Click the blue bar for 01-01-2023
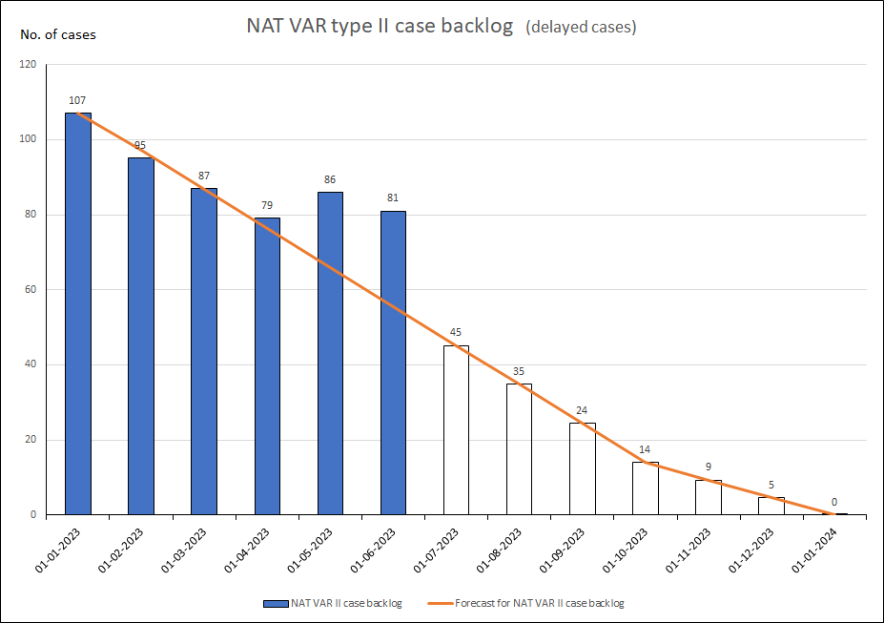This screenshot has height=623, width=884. pos(78,315)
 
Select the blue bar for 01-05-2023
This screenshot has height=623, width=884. pos(330,353)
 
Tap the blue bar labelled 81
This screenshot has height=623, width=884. pos(393,363)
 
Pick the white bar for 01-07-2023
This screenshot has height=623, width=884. pos(456,430)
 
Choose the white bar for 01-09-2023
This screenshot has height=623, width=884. pos(583,468)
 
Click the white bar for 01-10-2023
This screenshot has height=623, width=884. pos(646,488)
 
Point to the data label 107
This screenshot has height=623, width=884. pos(78,100)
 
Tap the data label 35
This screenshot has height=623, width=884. pos(519,371)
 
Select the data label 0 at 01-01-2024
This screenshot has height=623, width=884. pos(834,502)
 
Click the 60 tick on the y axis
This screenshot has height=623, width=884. pos(31,290)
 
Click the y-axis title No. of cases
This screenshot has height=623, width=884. pos(58,35)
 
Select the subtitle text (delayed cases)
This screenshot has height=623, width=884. pos(581,28)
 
